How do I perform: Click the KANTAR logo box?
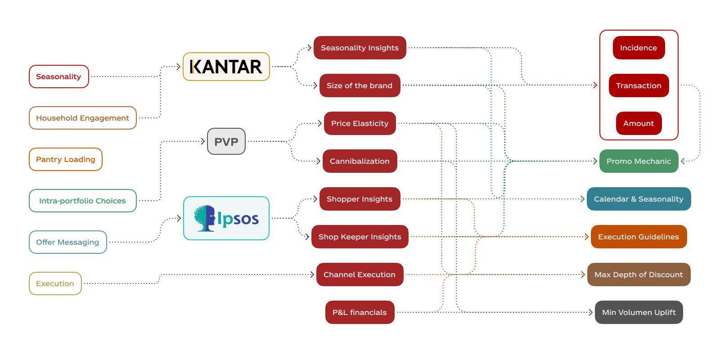coord(226,67)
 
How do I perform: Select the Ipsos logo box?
coord(226,218)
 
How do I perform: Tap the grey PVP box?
coord(226,141)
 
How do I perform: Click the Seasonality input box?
coord(59,76)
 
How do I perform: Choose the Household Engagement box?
coord(83,118)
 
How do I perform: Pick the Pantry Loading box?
coord(66,159)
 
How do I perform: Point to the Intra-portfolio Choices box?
coord(83,201)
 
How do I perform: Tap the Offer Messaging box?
coord(68,242)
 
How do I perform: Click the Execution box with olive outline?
coord(55,283)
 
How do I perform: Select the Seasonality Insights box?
coord(360,48)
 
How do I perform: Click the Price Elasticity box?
coord(360,123)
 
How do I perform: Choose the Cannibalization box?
coord(360,161)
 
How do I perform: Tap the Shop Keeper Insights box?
coord(360,237)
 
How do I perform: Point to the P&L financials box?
coord(360,312)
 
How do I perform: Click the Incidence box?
coord(639,48)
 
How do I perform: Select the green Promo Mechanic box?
coord(639,161)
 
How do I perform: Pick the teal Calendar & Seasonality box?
coord(639,199)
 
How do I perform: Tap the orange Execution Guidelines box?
coord(639,237)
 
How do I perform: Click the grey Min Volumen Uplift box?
coord(639,312)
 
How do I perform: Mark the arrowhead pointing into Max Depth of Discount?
coord(583,274)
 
